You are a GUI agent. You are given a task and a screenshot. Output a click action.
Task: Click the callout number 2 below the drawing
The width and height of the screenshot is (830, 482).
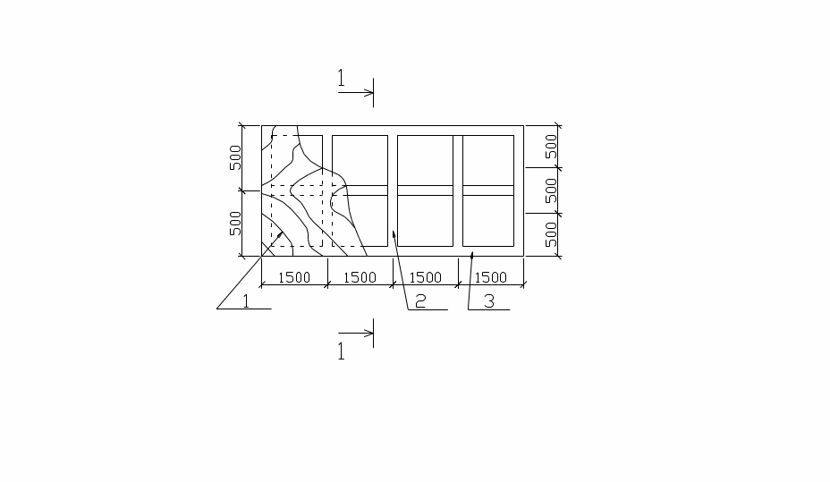coord(420,301)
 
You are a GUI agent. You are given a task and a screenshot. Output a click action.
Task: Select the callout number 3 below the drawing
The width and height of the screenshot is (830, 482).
coord(489,301)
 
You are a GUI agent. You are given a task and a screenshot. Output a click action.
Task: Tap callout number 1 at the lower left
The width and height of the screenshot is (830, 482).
coord(246,301)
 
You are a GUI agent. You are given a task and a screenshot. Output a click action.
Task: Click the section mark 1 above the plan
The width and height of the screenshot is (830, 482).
coord(342,79)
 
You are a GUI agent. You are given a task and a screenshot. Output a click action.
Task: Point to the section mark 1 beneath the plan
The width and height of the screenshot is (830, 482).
coord(342,351)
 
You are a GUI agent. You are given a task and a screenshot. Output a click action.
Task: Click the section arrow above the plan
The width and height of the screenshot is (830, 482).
coord(356,93)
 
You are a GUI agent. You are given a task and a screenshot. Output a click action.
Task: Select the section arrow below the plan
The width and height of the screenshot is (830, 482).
coord(356,334)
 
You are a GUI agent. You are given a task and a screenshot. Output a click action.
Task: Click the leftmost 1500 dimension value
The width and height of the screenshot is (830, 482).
coord(293,277)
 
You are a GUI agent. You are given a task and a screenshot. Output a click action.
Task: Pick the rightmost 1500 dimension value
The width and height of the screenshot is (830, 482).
coord(491,277)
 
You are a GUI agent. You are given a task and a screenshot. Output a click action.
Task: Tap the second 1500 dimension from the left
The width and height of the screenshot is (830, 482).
coord(360,277)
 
